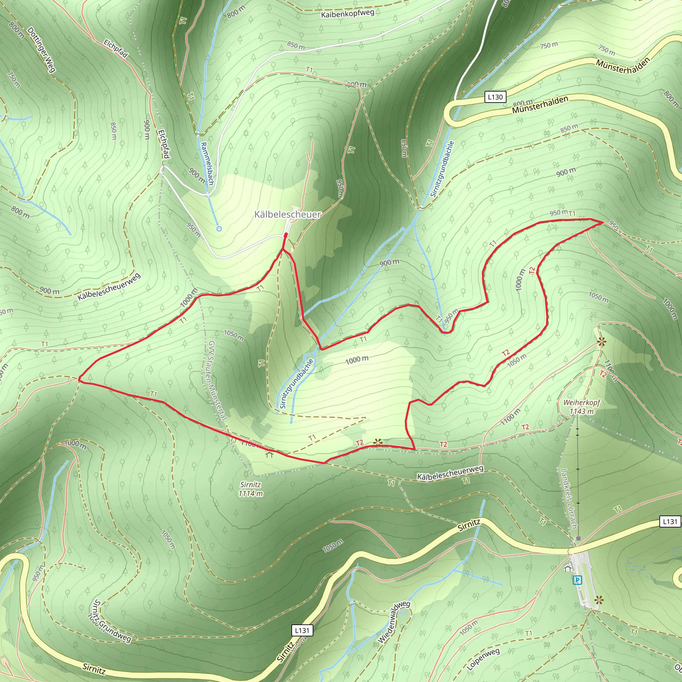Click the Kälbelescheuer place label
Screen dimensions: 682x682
coord(288,214)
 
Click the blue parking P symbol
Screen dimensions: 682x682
coord(577,580)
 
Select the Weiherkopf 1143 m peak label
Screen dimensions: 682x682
coord(581,407)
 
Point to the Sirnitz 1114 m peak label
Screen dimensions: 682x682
coord(251,489)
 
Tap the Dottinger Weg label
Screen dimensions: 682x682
coord(41,49)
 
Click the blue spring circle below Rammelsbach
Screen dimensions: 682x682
coord(219,229)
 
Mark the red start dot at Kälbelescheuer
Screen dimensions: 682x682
coord(286,234)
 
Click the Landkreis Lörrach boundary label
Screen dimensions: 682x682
coord(569,498)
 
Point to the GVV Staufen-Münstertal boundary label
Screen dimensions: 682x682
coord(217,380)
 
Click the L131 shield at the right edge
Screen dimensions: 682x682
coord(670,521)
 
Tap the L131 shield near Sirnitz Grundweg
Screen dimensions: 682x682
coord(302,630)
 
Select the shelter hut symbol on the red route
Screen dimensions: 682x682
coord(270,455)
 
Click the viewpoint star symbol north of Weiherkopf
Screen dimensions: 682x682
coord(601,341)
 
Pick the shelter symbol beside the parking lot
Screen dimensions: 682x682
coord(568,568)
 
